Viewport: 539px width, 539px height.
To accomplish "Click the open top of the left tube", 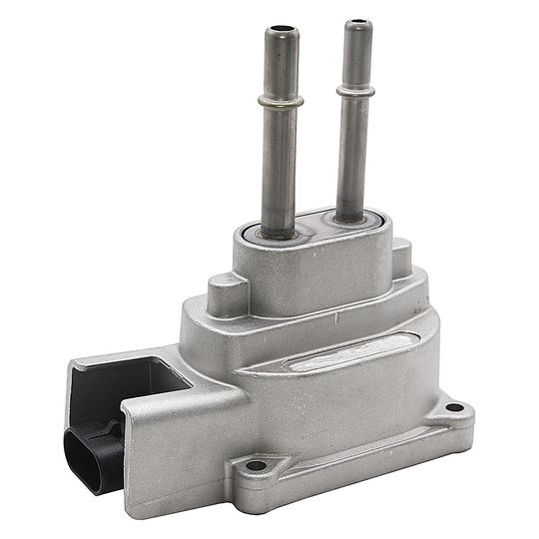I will point(279,33).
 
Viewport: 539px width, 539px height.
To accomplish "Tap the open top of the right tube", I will point(356,24).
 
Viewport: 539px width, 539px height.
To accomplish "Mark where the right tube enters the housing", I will point(350,215).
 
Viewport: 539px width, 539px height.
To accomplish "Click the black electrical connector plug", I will point(93,451).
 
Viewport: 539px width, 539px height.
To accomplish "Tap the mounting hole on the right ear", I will point(454,407).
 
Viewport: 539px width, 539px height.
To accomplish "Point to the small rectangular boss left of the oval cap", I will point(226,290).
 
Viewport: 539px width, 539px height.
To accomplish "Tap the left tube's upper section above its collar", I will point(279,65).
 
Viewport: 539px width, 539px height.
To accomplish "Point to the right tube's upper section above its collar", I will point(355,55).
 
